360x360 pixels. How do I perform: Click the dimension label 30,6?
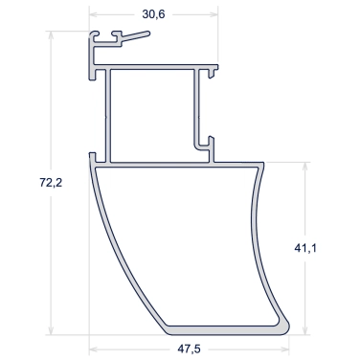[153, 14]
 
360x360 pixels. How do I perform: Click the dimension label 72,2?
[51, 183]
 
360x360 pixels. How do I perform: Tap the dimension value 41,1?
[305, 248]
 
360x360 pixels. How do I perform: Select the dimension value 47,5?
[189, 349]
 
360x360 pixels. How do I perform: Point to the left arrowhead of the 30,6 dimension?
[93, 14]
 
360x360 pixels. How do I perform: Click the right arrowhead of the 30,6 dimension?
[214, 14]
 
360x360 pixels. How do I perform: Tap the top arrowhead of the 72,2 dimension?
[51, 35]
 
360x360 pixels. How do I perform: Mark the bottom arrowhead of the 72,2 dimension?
[51, 330]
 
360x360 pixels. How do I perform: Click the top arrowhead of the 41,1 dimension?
[305, 167]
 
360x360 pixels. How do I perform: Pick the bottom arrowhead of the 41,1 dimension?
[305, 330]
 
